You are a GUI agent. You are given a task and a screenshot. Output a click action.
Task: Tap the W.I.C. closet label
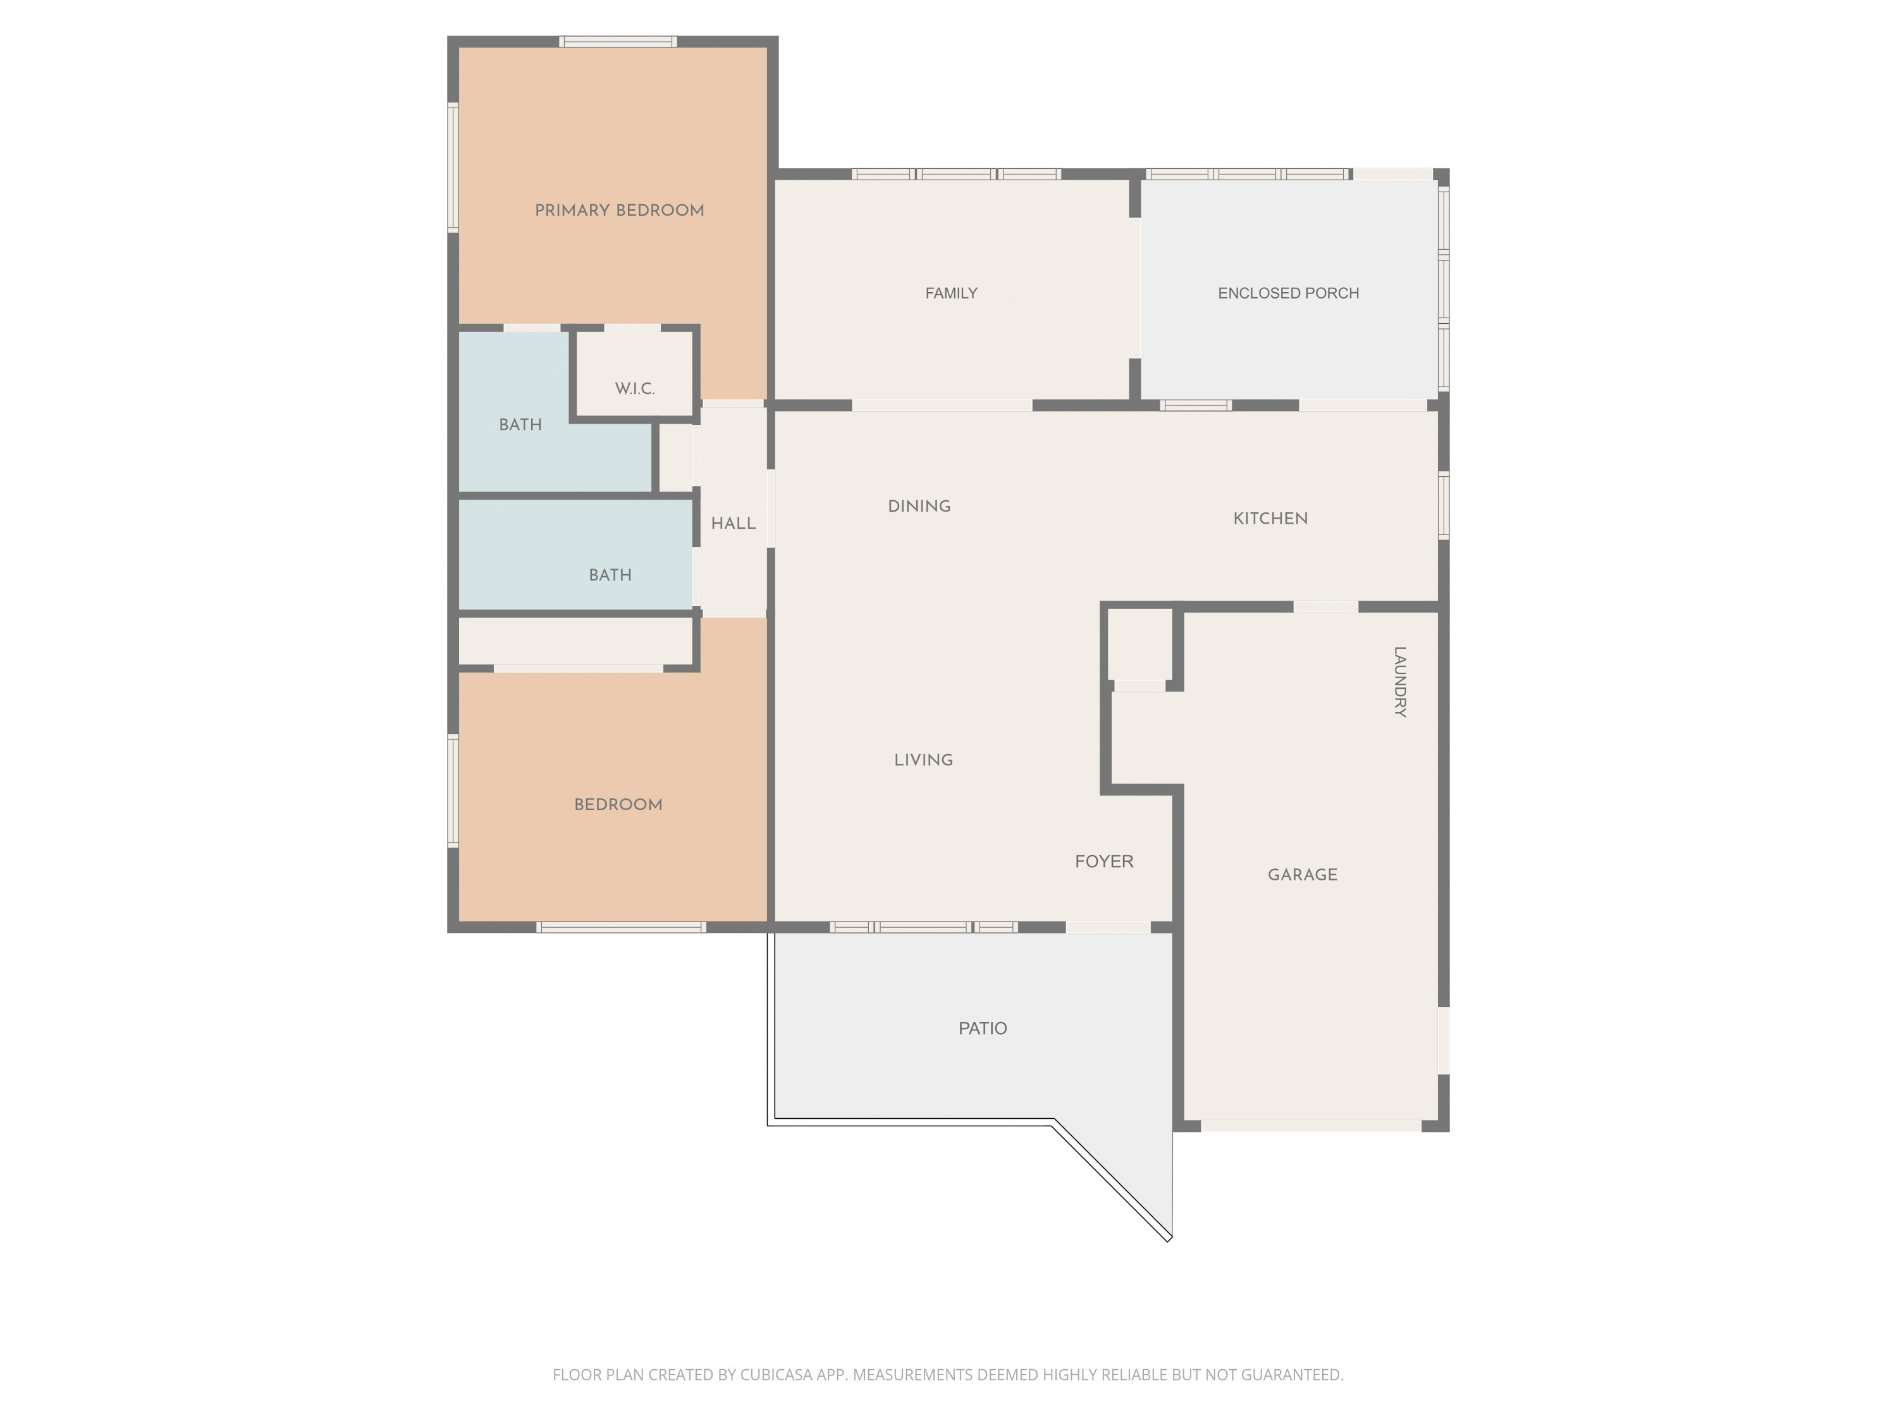click(635, 388)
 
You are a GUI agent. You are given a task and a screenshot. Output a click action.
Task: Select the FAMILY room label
click(951, 293)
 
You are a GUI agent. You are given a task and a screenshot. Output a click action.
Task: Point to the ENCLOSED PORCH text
click(1288, 293)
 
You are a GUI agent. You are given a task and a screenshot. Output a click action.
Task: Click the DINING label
click(919, 506)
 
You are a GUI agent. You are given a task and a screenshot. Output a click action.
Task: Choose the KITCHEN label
click(1270, 518)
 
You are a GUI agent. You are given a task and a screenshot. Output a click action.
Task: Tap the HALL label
click(734, 523)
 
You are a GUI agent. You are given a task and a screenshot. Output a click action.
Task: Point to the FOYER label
click(1103, 861)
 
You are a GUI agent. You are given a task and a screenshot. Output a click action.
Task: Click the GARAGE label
click(1302, 875)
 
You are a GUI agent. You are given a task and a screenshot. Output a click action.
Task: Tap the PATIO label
click(983, 1028)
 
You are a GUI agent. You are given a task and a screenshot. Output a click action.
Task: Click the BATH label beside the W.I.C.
click(520, 424)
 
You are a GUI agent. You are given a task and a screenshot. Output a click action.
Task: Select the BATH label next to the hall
click(610, 575)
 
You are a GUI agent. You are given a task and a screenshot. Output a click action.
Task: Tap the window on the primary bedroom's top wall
click(617, 42)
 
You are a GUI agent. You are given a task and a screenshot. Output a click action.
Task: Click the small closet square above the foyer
click(1139, 643)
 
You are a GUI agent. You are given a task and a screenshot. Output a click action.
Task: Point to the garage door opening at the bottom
click(1310, 1125)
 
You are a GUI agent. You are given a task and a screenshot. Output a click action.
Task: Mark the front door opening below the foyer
click(1107, 927)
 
